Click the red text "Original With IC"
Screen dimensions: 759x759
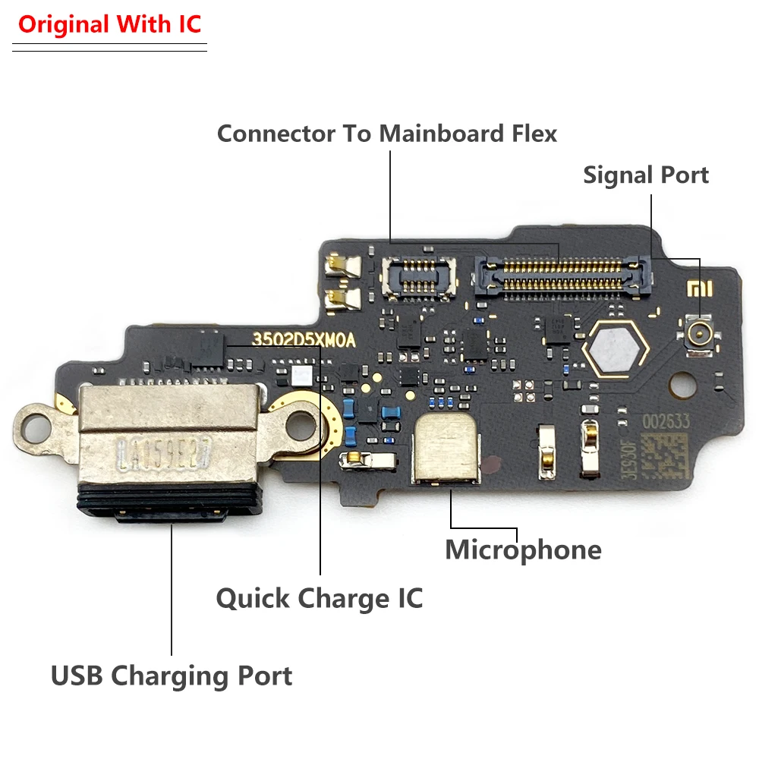point(110,24)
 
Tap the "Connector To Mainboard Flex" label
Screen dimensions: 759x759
point(387,134)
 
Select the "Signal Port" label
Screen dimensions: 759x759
point(646,175)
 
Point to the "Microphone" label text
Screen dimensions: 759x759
point(523,550)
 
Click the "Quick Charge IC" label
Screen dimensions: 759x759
point(320,598)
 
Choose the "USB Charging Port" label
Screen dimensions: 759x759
point(172,675)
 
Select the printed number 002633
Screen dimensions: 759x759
point(668,421)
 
